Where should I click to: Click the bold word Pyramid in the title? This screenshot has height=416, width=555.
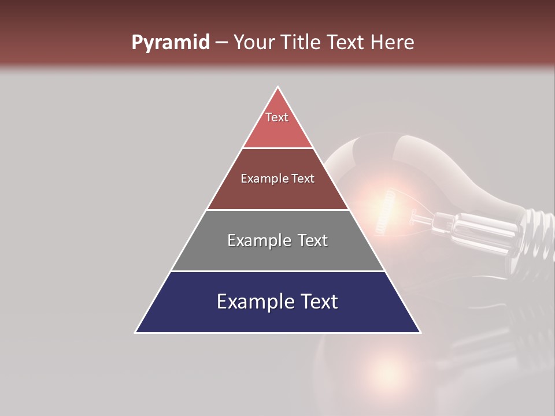point(170,43)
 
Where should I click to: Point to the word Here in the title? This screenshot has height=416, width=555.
point(393,43)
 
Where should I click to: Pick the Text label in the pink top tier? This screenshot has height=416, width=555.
point(277,117)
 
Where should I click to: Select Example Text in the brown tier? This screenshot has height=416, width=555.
point(277,179)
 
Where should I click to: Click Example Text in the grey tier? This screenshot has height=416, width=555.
point(277,240)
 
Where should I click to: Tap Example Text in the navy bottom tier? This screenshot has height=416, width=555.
point(277,302)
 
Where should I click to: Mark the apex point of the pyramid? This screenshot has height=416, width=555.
point(278,87)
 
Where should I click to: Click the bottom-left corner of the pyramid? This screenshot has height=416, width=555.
point(136,332)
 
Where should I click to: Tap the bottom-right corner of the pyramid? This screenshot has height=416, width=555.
point(420,332)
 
